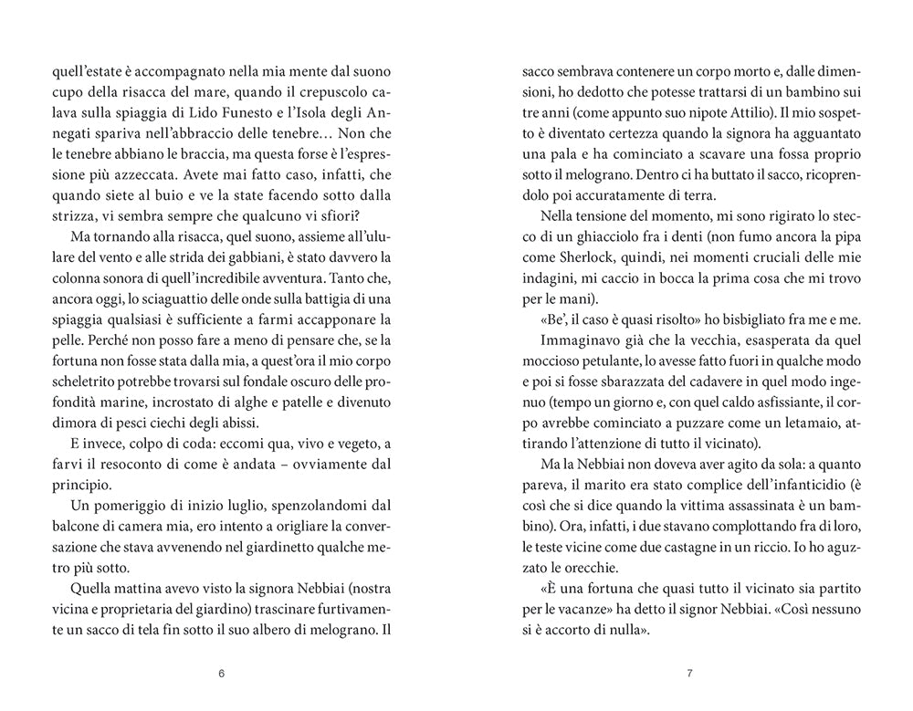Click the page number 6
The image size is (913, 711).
pos(222,674)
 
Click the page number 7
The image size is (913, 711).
pos(690,674)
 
